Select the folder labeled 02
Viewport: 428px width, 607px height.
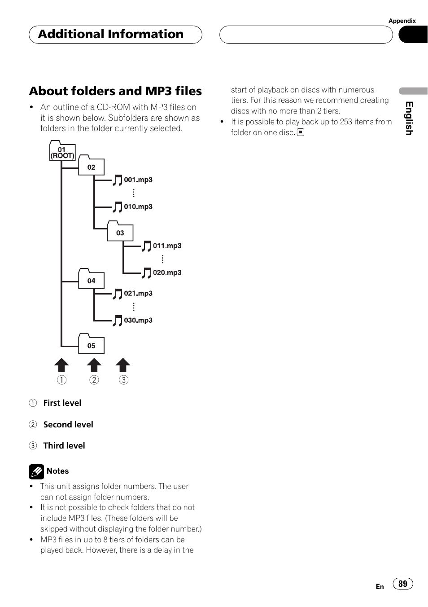[91, 166]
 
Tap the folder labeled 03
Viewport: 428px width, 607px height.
[120, 232]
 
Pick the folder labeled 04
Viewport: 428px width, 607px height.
[91, 280]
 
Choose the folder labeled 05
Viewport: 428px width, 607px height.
[91, 345]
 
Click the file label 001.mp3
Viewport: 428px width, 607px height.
[138, 180]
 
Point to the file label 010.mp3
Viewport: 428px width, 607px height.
[138, 207]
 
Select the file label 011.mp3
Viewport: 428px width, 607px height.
[167, 246]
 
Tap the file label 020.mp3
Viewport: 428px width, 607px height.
[167, 273]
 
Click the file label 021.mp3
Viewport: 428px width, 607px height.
[138, 293]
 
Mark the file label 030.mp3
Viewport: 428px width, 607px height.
[138, 320]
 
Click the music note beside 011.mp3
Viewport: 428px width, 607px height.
[147, 246]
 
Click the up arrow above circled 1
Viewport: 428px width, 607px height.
[61, 365]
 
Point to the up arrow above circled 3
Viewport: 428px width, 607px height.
[123, 365]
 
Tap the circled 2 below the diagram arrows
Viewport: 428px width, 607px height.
[94, 380]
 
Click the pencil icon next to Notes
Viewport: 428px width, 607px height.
[36, 471]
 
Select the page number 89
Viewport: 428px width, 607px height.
[403, 584]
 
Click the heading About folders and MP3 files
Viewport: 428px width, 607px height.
[115, 91]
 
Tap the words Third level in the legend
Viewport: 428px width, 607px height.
[64, 445]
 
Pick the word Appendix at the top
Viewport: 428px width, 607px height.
[402, 21]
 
